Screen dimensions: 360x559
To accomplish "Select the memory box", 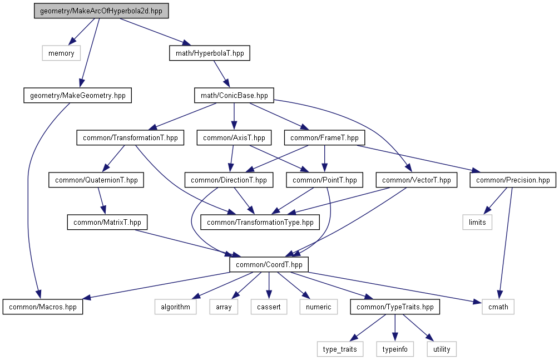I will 61,53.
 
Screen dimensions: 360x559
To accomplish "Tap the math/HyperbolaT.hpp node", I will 209,53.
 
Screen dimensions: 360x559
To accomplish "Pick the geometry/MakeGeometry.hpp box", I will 78,95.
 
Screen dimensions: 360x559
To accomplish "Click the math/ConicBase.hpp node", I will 234,95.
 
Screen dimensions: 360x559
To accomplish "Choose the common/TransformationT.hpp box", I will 130,137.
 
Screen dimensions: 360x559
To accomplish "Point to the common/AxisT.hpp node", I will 234,137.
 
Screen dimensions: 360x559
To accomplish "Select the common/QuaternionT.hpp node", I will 97,180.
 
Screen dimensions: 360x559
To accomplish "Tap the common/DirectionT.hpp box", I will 229,180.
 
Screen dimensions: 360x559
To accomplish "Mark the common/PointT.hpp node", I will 325,180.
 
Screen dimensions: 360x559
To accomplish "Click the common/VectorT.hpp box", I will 417,180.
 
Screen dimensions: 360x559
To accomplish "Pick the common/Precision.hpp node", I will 513,180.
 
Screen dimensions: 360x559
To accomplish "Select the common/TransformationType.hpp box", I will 260,222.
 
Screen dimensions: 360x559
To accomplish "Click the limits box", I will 477,222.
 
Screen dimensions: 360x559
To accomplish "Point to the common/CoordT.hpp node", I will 269,264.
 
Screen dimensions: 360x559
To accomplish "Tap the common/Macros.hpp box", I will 43,307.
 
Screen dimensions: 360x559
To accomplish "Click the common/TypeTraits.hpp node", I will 395,307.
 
